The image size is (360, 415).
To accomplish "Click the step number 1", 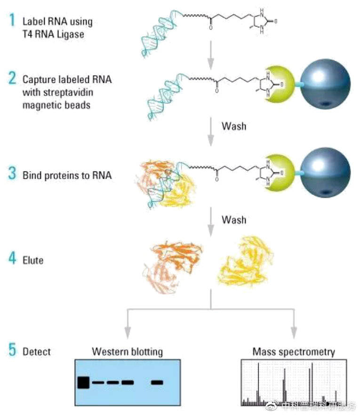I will click(x=11, y=21).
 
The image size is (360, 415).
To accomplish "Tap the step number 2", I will click(x=12, y=79).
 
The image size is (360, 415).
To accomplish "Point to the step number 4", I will click(x=12, y=259).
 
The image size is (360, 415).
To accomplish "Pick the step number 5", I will click(x=12, y=350).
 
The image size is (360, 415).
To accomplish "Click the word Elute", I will click(x=33, y=260).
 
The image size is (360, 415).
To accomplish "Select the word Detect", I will click(x=36, y=351).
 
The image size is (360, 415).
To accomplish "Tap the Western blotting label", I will click(x=127, y=351).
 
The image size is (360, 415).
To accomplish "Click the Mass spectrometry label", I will click(x=294, y=351).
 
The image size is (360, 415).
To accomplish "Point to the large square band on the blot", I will click(x=83, y=382).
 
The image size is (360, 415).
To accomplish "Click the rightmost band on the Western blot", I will click(x=157, y=382).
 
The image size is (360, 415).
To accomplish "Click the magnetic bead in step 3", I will click(x=325, y=174).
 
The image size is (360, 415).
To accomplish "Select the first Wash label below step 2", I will click(x=234, y=127).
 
